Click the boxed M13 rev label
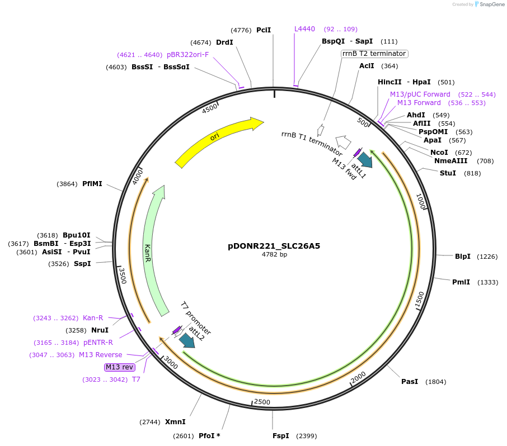(x=119, y=367)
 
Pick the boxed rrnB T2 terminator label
(x=374, y=54)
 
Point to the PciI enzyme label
(x=264, y=30)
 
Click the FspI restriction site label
(x=281, y=435)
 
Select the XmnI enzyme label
(x=175, y=422)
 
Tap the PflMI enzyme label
(x=92, y=183)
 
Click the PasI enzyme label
(x=410, y=382)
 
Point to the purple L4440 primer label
(x=305, y=29)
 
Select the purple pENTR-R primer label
(x=98, y=343)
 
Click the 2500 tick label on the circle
(x=262, y=402)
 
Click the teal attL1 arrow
(x=365, y=159)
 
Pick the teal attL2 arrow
(x=186, y=340)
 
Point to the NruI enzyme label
(x=100, y=330)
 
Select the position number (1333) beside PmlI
(x=487, y=282)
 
